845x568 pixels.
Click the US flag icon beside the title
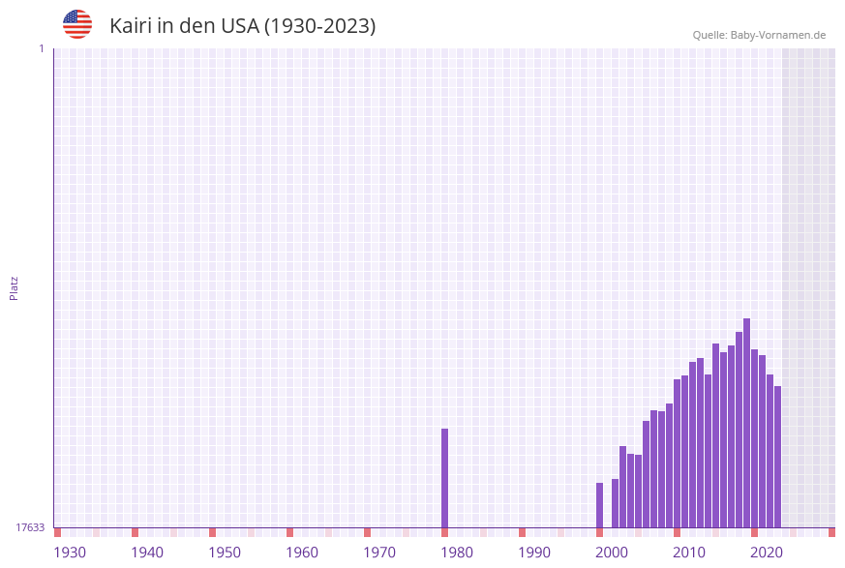[77, 24]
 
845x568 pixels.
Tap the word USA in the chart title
[240, 26]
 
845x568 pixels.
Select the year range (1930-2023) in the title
[320, 26]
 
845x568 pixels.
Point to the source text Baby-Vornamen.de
[778, 35]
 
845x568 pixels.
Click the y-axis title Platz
[15, 287]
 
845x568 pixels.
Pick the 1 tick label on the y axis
[41, 48]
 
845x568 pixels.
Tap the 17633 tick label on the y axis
[30, 527]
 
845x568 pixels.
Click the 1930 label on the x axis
[70, 553]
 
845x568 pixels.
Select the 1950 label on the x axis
[225, 553]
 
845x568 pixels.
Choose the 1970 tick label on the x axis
[379, 553]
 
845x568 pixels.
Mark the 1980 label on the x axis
[457, 553]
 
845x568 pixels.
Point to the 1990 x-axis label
[534, 553]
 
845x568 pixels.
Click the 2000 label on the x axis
[612, 553]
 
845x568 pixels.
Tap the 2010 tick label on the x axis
[689, 553]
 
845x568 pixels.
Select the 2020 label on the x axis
[767, 553]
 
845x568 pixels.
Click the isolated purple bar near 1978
[445, 478]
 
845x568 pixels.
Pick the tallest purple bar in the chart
[747, 423]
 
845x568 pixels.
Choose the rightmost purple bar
[778, 457]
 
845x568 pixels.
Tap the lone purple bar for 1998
[600, 505]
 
